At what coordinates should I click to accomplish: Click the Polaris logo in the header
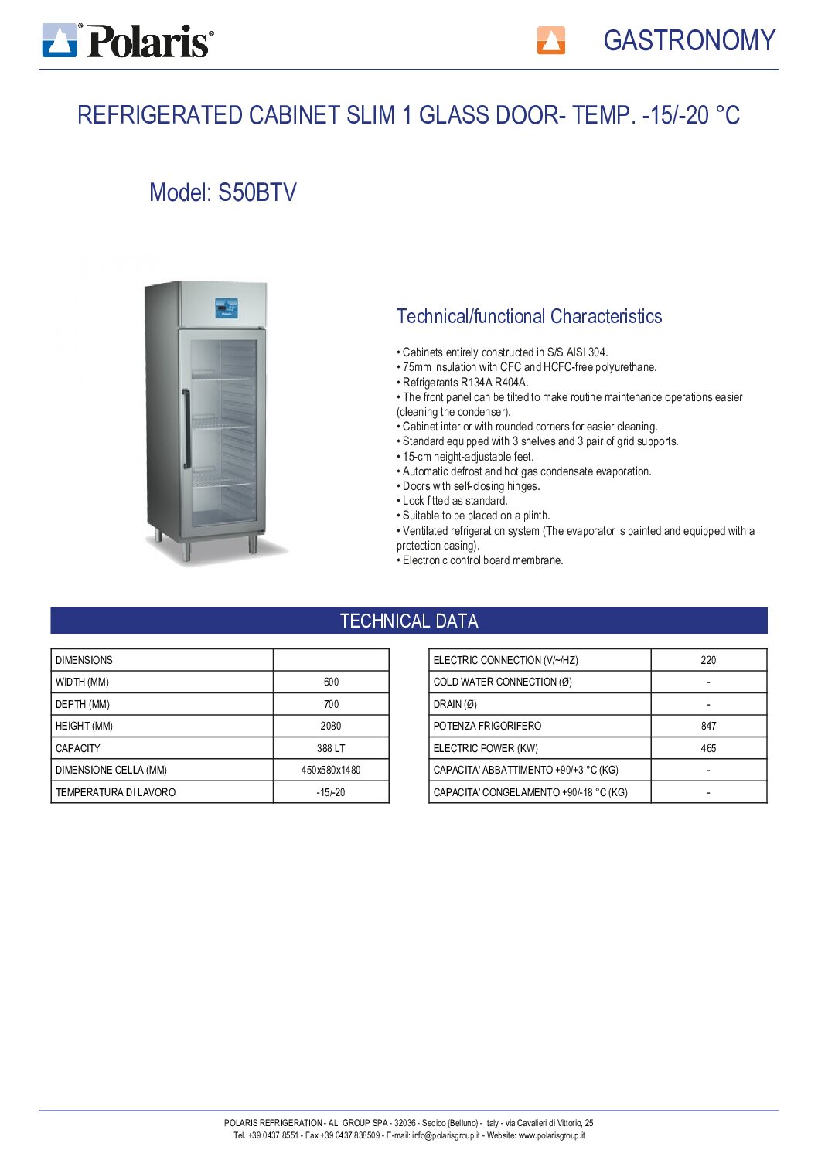coord(128,40)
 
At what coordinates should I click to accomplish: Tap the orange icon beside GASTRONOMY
coord(550,40)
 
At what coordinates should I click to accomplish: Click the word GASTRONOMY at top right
coord(689,40)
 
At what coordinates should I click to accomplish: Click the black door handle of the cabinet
coord(186,429)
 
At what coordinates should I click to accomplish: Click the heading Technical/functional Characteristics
coord(529,316)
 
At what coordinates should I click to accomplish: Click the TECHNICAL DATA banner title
coord(409,621)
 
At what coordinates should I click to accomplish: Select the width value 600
coord(331,682)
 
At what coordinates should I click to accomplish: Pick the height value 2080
coord(331,726)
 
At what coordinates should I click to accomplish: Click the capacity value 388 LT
coord(331,748)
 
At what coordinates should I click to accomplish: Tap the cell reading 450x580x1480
coord(331,770)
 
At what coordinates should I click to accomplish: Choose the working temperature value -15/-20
coord(331,792)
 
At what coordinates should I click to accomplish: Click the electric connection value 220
coord(708,660)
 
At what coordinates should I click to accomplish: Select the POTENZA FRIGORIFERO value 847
coord(708,726)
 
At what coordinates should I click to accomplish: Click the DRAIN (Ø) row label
coord(455,704)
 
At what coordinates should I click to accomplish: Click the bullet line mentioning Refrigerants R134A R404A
coord(465,382)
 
